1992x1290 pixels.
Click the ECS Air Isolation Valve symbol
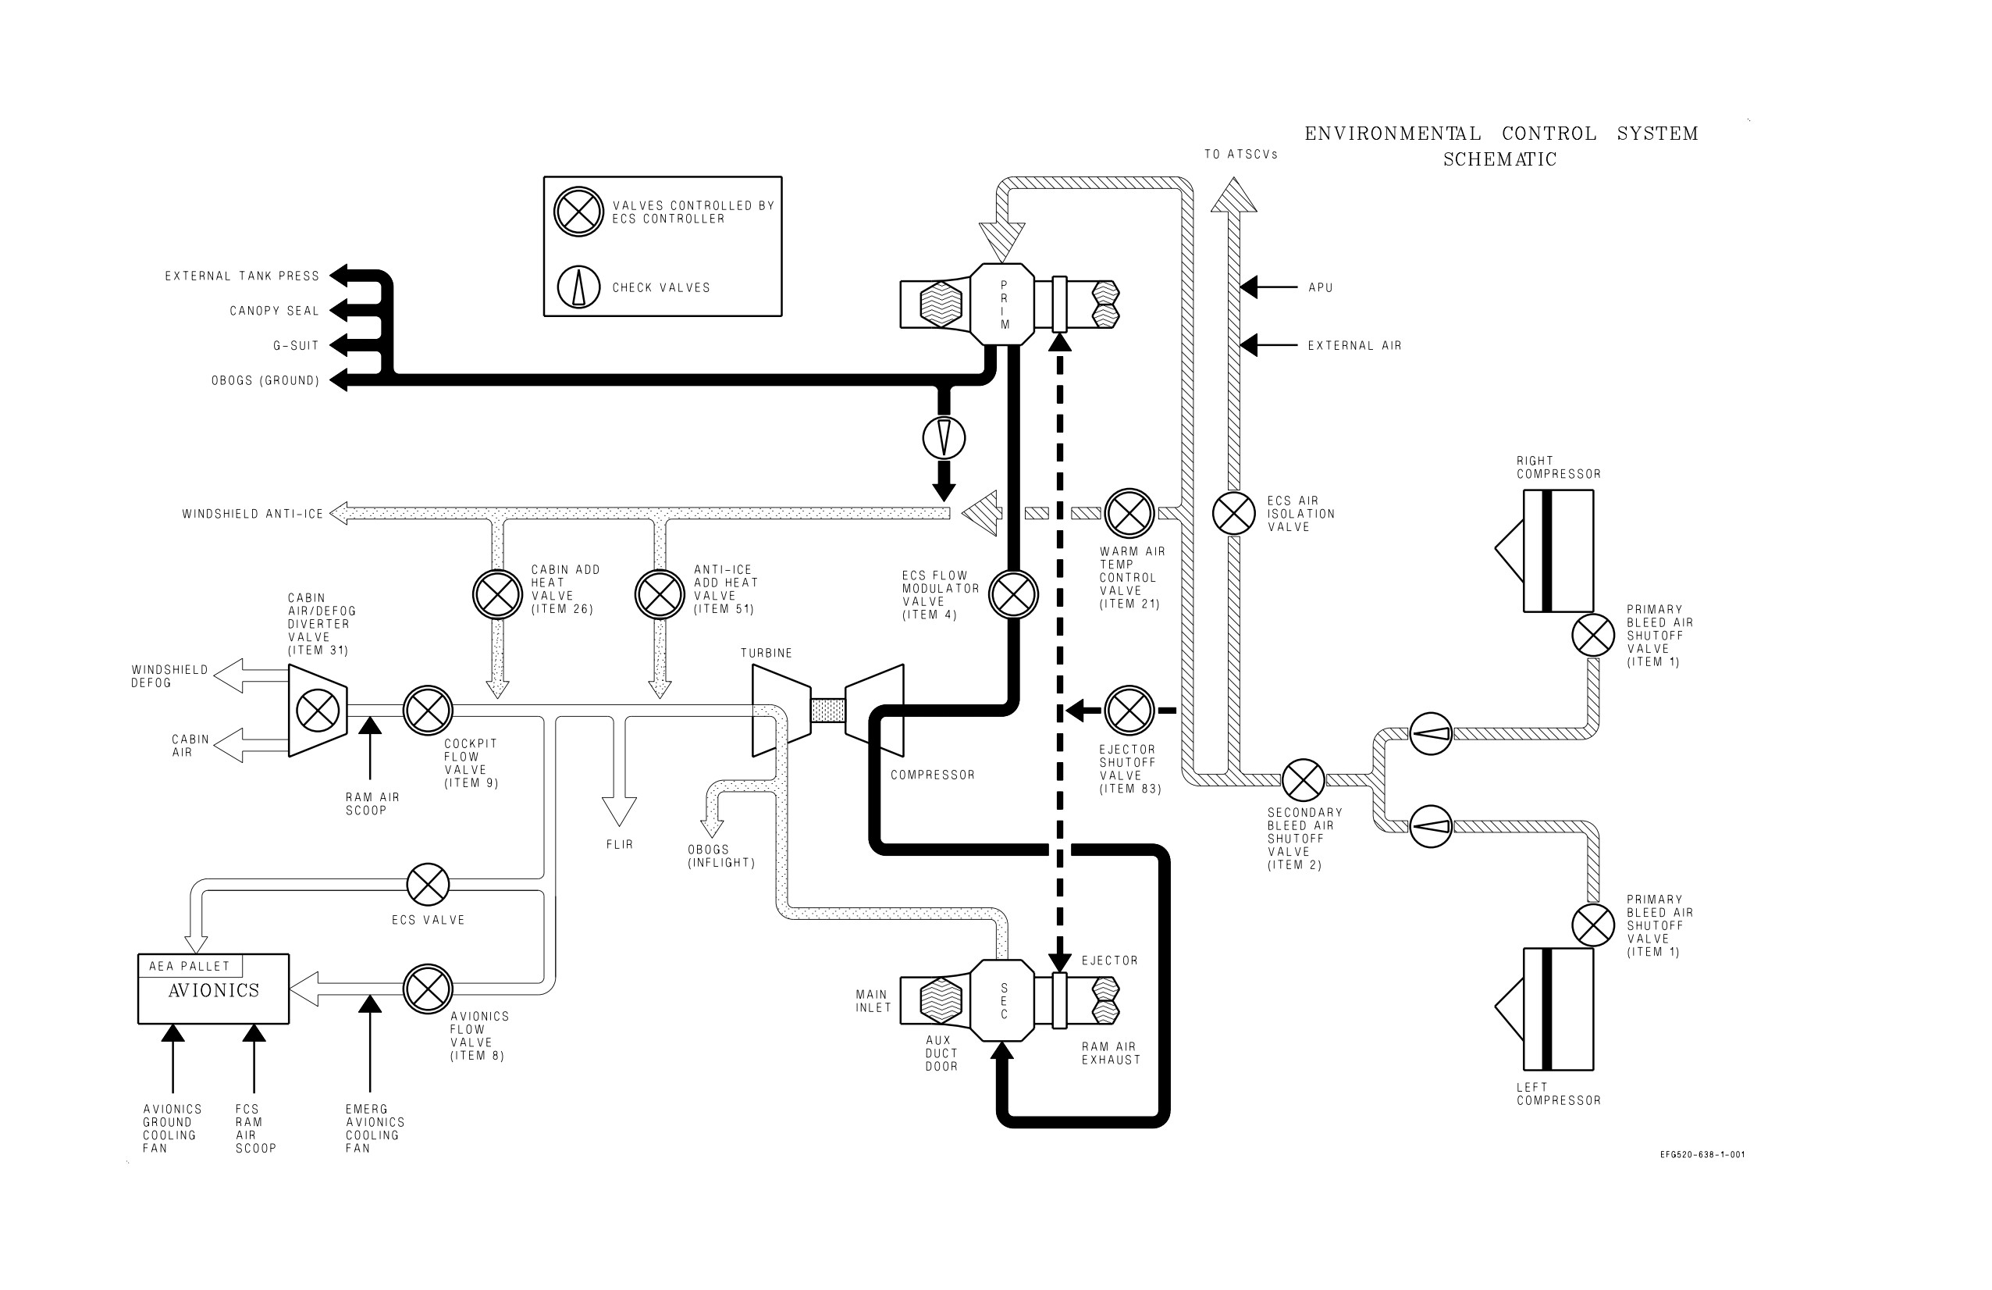[x=1234, y=513]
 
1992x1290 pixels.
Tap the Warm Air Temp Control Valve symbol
[x=1129, y=513]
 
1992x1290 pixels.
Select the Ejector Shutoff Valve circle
[x=1129, y=711]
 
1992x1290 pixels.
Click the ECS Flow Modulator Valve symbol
[x=1014, y=594]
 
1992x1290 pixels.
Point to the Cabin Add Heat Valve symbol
[x=498, y=594]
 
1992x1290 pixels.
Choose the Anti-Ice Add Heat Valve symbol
[x=660, y=594]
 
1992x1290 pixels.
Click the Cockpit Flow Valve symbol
[x=428, y=711]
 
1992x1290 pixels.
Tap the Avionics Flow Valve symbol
[x=428, y=989]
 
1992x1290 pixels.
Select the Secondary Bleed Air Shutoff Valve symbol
[x=1304, y=780]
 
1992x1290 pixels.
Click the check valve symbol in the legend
[x=578, y=287]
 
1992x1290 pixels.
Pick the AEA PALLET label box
[x=190, y=965]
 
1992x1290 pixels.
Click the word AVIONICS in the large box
[x=215, y=990]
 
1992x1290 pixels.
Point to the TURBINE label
[x=767, y=653]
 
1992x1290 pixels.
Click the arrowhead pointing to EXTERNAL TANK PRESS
[x=337, y=276]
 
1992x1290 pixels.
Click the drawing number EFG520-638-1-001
[x=1702, y=1154]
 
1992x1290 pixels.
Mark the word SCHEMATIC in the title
[x=1500, y=159]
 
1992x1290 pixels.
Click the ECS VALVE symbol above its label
[x=428, y=884]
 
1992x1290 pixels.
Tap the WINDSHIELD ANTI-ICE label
[x=253, y=514]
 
